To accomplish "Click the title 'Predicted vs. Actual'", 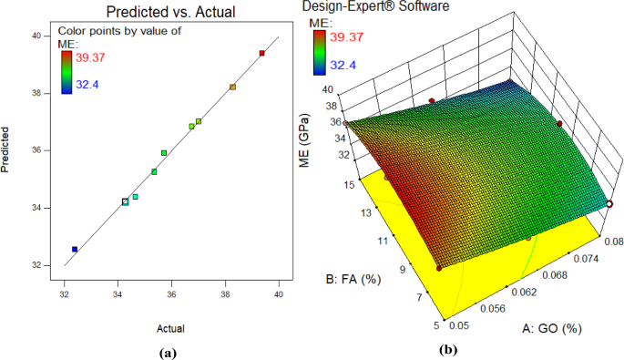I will [169, 14].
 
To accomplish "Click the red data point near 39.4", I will [262, 54].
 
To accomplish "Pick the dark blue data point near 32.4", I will [75, 249].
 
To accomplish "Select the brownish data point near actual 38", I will [233, 87].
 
